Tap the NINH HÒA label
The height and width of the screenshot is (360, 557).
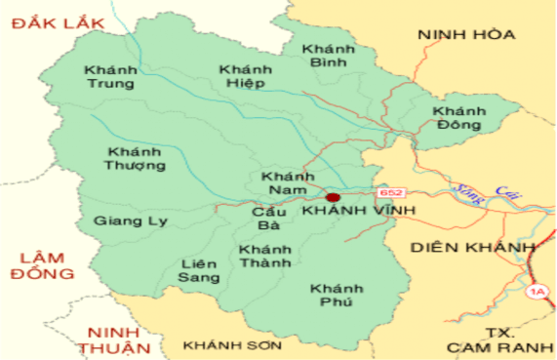click(465, 35)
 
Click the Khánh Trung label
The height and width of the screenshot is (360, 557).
click(111, 77)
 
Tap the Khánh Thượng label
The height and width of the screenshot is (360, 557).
click(137, 158)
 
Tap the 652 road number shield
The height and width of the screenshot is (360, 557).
click(391, 193)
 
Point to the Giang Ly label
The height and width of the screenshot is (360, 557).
click(131, 221)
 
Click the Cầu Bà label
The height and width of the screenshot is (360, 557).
click(268, 218)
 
